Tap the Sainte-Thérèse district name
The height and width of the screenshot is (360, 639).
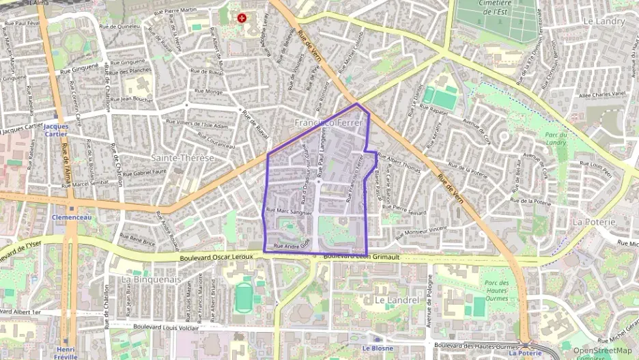182,158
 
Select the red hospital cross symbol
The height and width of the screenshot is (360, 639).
241,17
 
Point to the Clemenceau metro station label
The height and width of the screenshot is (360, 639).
72,217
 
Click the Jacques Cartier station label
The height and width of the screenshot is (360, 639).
56,130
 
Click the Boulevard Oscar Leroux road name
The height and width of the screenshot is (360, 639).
216,257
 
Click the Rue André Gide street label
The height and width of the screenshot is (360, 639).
292,245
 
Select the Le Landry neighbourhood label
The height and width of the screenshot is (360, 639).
604,21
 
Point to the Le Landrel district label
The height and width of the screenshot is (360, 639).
395,300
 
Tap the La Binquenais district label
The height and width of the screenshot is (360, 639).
150,279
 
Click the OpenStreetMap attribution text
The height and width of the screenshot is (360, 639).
602,350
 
